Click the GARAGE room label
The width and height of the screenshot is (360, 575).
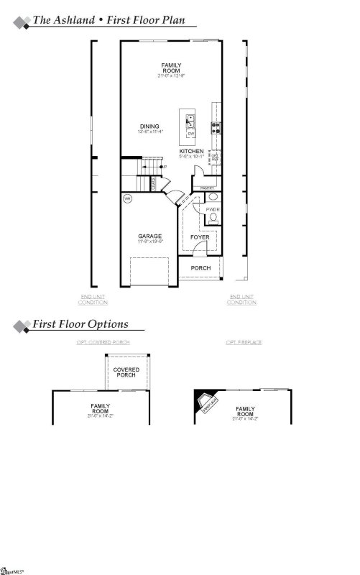150,236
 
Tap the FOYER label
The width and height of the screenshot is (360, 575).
199,236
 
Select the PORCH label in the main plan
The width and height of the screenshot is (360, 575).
200,268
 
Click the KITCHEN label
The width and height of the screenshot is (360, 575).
191,151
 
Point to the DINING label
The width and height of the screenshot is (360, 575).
149,126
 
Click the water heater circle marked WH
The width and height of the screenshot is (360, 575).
127,198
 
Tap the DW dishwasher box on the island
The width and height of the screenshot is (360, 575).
191,134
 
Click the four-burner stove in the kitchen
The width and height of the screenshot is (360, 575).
214,129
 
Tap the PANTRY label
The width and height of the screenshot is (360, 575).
208,188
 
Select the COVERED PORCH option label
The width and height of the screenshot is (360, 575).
126,372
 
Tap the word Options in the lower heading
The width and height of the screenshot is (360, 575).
108,324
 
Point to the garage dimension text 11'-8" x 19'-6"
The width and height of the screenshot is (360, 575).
150,241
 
